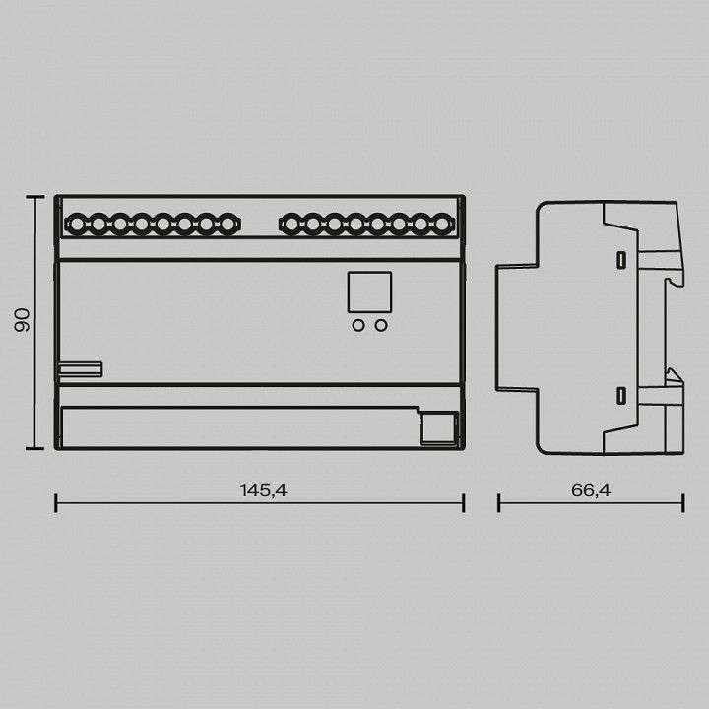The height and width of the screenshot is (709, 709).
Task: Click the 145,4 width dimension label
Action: pos(263,490)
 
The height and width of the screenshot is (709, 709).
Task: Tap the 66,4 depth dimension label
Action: pos(591,490)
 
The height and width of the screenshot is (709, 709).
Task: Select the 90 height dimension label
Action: pos(22,320)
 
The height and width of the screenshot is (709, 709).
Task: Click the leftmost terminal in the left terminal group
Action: pos(77,224)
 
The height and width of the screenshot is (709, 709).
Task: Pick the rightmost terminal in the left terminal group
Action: pos(227,224)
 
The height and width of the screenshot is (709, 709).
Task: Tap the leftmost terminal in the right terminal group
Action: pos(291,224)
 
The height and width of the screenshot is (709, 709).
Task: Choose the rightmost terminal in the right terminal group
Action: pos(442,224)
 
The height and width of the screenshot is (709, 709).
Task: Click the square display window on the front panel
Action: pos(369,292)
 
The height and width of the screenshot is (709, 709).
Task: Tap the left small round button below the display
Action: pos(358,325)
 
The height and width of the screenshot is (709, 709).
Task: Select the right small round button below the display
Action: pos(381,325)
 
